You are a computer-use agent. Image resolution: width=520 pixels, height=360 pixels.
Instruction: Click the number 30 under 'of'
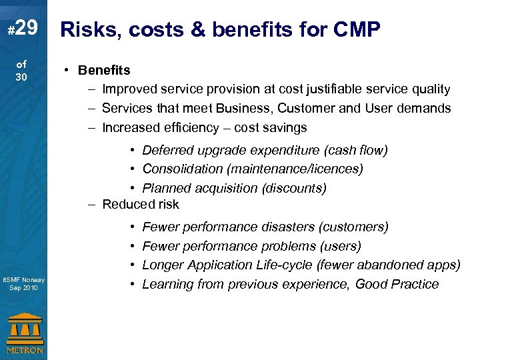point(22,77)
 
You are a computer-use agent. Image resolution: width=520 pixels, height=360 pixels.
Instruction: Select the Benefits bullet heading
point(104,70)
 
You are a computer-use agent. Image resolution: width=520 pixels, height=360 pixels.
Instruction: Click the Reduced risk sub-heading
point(140,204)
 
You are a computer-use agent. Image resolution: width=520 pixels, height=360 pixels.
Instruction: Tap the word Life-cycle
point(284,265)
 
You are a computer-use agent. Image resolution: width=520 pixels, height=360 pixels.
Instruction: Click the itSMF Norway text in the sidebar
point(23,279)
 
